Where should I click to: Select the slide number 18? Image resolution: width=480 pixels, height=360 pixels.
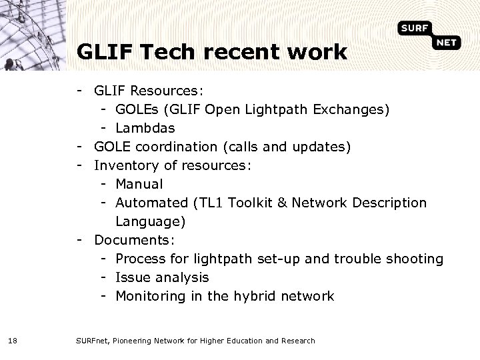(13, 341)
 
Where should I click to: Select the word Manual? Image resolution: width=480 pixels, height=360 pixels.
(139, 183)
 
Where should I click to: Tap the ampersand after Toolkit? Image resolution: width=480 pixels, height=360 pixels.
(283, 202)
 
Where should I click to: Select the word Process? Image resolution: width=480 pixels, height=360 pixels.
(141, 258)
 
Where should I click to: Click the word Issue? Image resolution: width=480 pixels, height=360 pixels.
(133, 277)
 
